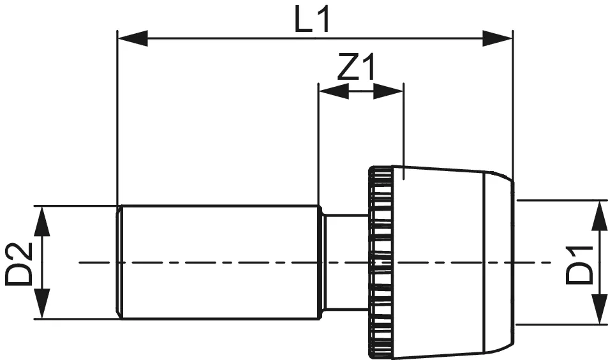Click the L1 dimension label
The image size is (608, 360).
pyautogui.click(x=313, y=21)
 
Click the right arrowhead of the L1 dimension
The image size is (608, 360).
pyautogui.click(x=498, y=39)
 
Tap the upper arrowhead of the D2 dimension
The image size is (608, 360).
pyautogui.click(x=41, y=220)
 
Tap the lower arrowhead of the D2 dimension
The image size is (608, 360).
pyautogui.click(x=41, y=304)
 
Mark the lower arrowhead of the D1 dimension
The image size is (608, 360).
pyautogui.click(x=599, y=310)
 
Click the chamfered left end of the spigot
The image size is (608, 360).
pyautogui.click(x=119, y=262)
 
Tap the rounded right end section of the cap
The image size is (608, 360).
pyautogui.click(x=498, y=262)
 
